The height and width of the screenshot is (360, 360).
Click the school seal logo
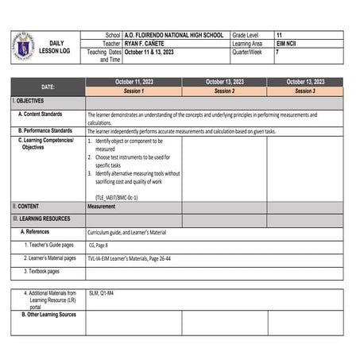pyautogui.click(x=24, y=45)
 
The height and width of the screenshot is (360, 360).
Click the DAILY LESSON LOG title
pyautogui.click(x=56, y=47)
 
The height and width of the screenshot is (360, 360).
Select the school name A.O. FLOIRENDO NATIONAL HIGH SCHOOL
pyautogui.click(x=174, y=36)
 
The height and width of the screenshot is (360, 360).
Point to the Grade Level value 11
pyautogui.click(x=279, y=36)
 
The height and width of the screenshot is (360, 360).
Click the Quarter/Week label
pyautogui.click(x=250, y=52)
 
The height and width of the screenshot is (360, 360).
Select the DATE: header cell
pyautogui.click(x=48, y=87)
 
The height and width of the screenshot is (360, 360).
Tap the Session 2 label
pyautogui.click(x=224, y=91)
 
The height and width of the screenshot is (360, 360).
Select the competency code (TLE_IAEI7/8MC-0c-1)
pyautogui.click(x=117, y=196)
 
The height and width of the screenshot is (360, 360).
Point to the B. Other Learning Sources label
pyautogui.click(x=48, y=315)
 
